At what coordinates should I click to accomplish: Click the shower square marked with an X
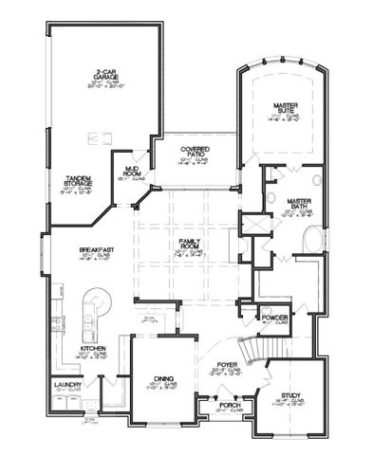(252, 225)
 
